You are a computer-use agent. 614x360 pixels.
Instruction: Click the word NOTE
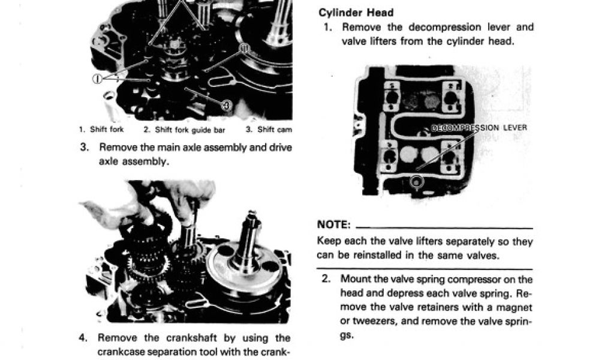(333, 224)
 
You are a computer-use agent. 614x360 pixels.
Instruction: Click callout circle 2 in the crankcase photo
(243, 48)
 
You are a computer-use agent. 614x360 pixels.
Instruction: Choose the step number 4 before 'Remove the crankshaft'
(83, 338)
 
